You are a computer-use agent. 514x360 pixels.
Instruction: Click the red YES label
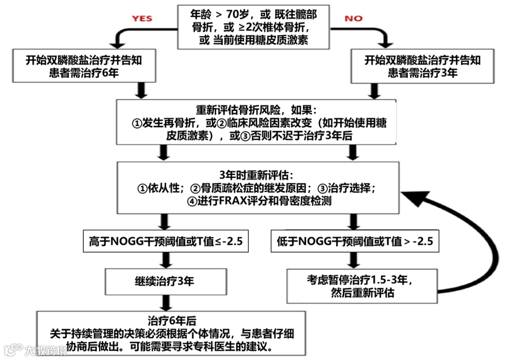142,18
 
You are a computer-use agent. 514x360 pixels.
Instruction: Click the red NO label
353,19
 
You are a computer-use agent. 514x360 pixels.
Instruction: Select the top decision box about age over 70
253,27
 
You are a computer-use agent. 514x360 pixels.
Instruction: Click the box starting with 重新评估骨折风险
257,122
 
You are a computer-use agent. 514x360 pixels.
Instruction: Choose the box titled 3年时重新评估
257,187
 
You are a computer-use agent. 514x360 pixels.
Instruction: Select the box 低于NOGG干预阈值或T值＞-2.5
355,241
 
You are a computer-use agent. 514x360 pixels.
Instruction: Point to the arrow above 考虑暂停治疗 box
353,260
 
